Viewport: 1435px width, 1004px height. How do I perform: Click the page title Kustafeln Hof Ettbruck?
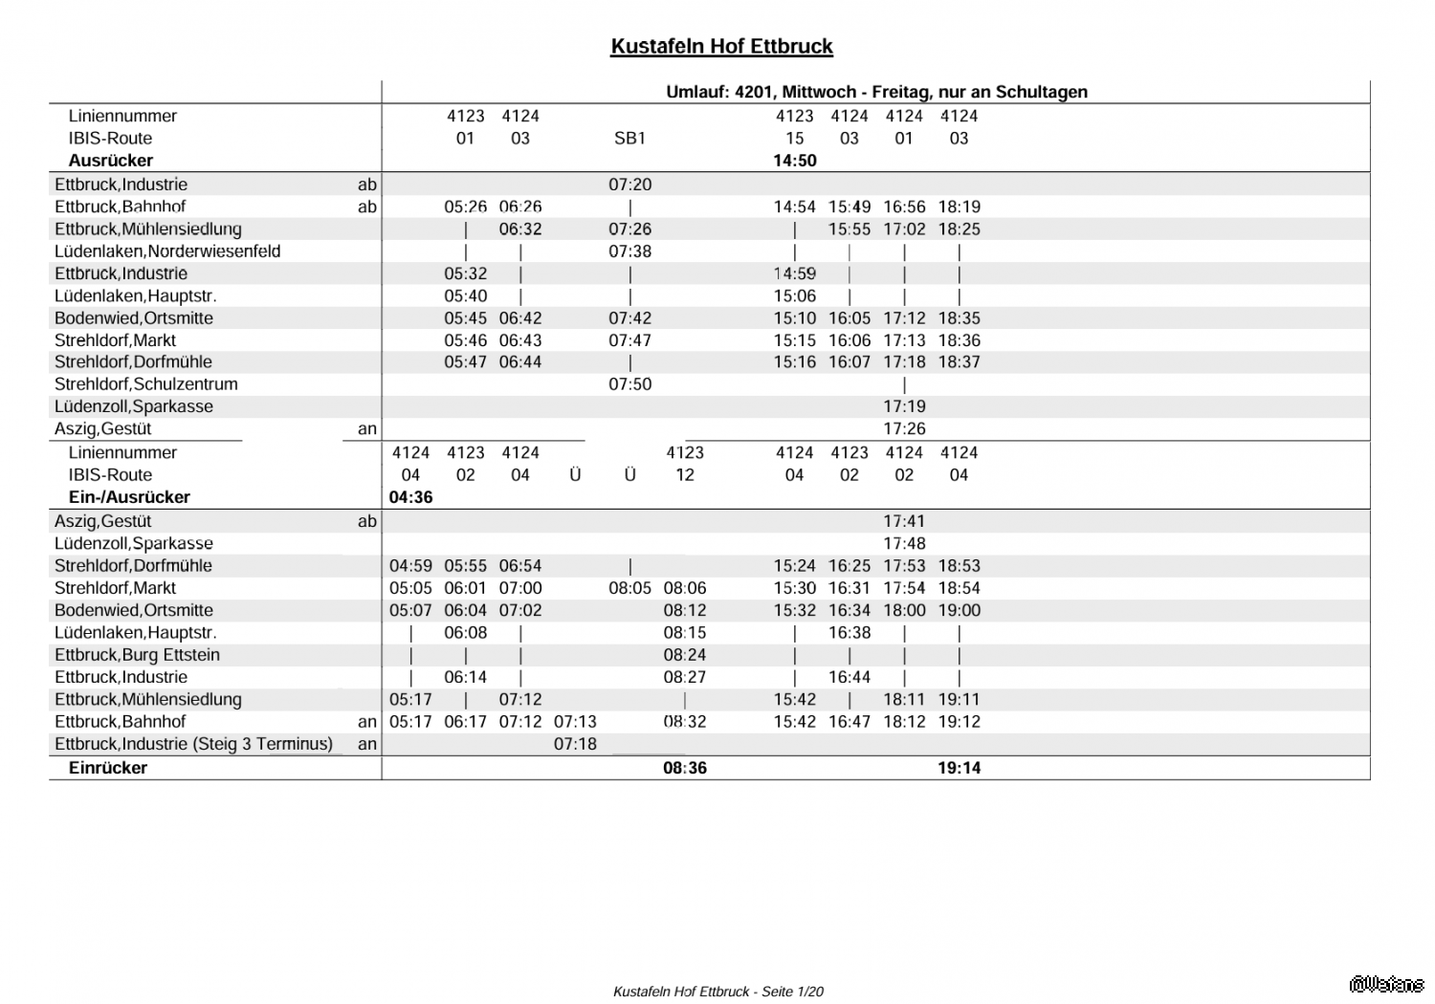coord(721,47)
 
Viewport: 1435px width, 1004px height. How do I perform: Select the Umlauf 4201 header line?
coord(876,92)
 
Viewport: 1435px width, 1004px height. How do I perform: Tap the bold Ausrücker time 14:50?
coord(794,161)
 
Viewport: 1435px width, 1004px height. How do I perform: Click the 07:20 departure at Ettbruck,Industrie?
coord(629,185)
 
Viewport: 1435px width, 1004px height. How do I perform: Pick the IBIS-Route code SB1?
coord(629,139)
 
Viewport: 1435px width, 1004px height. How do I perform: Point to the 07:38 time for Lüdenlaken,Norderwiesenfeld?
coord(629,251)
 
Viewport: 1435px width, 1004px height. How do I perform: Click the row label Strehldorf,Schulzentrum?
coord(146,384)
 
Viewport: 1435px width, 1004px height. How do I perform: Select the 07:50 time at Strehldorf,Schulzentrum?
coord(629,384)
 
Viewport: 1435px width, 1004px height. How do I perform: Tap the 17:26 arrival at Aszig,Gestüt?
coord(904,429)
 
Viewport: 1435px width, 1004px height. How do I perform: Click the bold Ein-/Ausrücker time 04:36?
coord(410,497)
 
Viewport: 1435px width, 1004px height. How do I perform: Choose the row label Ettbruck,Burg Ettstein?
coord(137,655)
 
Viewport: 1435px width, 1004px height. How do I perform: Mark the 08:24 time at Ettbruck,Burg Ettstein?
coord(685,655)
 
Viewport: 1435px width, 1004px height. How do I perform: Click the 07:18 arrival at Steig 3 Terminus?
coord(575,744)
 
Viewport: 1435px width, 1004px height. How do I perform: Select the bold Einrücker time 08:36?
coord(685,768)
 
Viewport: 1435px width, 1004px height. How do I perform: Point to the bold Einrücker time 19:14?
coord(959,768)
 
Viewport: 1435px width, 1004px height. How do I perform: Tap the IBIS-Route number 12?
coord(685,475)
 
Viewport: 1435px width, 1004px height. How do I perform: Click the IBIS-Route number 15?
coord(794,139)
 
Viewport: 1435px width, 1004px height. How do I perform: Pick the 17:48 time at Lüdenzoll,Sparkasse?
coord(904,544)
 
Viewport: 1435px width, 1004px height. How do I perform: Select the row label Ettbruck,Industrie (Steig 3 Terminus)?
coord(193,744)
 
